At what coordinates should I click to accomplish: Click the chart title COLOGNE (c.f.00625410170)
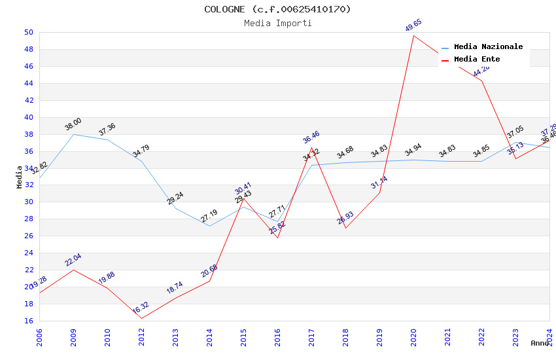[277, 9]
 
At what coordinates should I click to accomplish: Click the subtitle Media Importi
[277, 23]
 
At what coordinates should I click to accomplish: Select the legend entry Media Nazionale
[488, 46]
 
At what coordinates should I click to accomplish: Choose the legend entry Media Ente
[476, 59]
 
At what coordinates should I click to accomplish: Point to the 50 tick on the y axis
[29, 32]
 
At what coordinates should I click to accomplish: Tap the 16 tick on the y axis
[29, 321]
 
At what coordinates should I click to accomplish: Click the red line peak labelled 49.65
[413, 35]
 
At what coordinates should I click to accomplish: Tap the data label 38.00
[73, 124]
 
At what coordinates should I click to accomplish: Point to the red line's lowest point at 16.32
[141, 318]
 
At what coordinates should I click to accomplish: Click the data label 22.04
[73, 260]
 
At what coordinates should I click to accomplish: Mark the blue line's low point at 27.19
[209, 226]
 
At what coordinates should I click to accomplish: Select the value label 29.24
[175, 198]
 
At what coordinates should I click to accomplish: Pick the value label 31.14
[379, 183]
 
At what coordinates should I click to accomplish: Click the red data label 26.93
[345, 218]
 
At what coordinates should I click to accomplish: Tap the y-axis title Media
[20, 177]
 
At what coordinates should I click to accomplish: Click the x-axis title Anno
[540, 343]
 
